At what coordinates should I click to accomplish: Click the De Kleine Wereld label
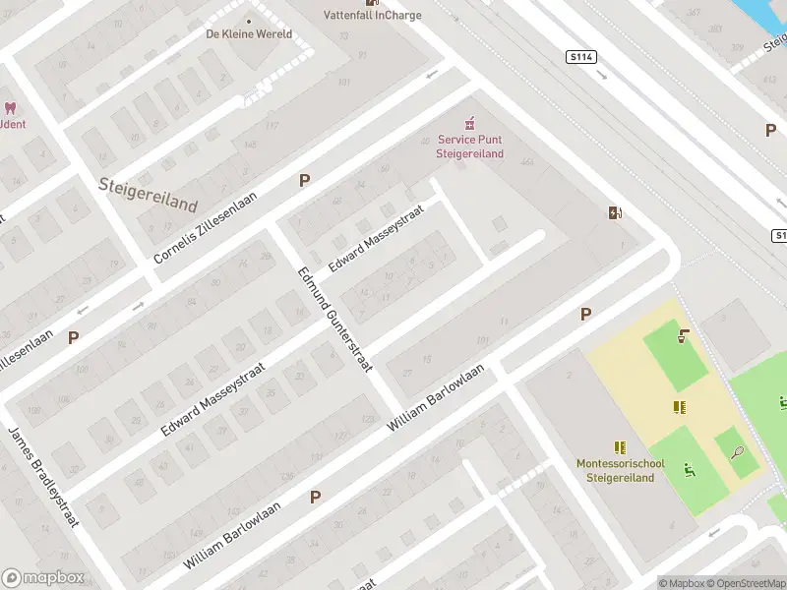(248, 33)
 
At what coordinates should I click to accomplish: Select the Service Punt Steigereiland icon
(470, 123)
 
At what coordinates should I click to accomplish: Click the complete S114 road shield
(581, 58)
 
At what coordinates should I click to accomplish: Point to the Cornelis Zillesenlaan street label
(205, 227)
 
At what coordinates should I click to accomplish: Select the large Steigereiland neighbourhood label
(148, 194)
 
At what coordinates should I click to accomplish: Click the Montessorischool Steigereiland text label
(620, 470)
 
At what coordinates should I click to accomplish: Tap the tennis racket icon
(738, 452)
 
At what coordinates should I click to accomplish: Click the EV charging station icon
(616, 212)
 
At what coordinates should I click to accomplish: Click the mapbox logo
(41, 577)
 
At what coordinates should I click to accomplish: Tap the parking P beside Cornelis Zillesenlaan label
(305, 181)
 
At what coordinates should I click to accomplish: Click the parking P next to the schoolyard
(586, 314)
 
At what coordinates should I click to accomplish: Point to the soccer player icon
(689, 472)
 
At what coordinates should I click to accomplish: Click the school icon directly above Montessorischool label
(620, 447)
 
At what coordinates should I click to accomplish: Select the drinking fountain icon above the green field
(683, 336)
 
